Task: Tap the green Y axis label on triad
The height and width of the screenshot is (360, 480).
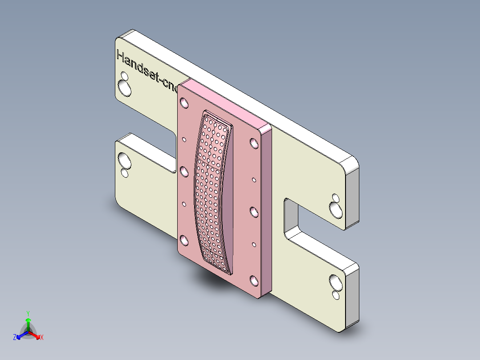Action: (x=28, y=313)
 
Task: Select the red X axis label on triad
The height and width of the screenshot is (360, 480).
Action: (x=42, y=337)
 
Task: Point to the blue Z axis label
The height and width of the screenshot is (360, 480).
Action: (x=15, y=337)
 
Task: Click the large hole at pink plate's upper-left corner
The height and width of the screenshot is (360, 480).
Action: (x=183, y=103)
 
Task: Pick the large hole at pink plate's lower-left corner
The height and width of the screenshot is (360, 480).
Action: (x=183, y=240)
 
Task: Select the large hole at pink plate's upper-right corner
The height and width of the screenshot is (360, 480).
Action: (x=254, y=143)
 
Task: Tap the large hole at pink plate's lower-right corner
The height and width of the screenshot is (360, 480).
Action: (x=254, y=280)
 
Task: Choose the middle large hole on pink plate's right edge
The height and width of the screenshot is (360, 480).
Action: (x=254, y=212)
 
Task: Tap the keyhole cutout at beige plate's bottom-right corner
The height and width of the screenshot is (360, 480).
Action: (x=334, y=285)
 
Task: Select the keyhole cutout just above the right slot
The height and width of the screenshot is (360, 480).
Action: (x=335, y=206)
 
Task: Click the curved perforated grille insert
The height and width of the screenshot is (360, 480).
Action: (x=213, y=192)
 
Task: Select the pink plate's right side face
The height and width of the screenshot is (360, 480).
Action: (x=266, y=209)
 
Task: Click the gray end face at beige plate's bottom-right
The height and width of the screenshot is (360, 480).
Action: (x=353, y=299)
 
